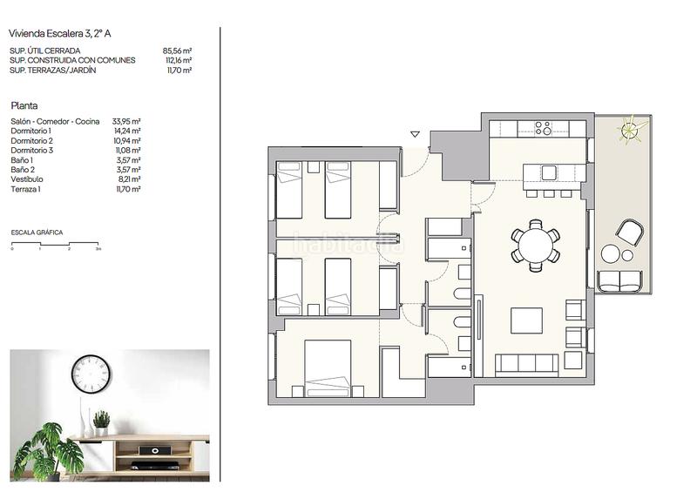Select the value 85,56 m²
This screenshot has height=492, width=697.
coord(177,51)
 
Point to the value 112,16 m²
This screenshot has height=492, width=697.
coord(178,60)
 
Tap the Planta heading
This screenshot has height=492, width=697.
coord(24,104)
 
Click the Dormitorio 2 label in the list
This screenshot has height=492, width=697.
coord(32,140)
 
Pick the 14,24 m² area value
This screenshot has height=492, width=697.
coord(127,131)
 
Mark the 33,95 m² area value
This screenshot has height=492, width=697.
coord(127,121)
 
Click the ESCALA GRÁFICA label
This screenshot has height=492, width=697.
coord(37,233)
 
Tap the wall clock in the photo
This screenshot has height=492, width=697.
coord(91,374)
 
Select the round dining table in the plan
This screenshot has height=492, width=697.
coord(535,245)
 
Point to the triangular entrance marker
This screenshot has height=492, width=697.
coord(415,135)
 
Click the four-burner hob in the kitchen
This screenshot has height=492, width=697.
coord(542,128)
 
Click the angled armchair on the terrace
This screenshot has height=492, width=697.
coord(630,232)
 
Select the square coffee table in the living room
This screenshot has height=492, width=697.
coord(525,320)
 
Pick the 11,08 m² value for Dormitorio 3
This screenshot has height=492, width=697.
coord(127,150)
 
